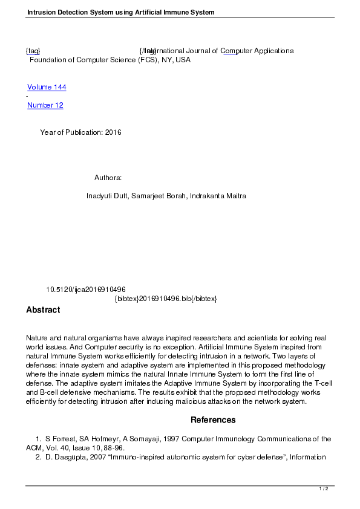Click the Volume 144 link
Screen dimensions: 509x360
pos(47,87)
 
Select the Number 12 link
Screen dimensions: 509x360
pos(45,105)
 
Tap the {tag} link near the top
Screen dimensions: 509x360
pos(33,51)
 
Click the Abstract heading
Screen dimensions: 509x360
pos(43,310)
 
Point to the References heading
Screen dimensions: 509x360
pos(213,420)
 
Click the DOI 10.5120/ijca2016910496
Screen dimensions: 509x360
pos(86,290)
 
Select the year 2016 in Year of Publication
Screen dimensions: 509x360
pos(113,132)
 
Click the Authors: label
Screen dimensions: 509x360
pos(108,178)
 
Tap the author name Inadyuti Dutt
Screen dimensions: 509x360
pos(106,196)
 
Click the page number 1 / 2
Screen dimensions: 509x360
pos(324,488)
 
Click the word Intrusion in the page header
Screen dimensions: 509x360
pos(41,12)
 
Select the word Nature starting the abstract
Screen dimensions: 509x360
pos(37,337)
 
